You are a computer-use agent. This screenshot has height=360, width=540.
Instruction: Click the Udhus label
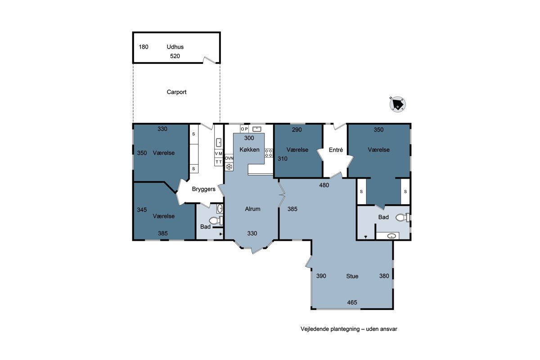pos(175,47)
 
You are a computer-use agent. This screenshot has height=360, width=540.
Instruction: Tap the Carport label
pos(176,92)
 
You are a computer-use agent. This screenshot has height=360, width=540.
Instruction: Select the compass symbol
pos(397,104)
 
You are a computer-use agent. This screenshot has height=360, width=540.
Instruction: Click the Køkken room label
pos(249,149)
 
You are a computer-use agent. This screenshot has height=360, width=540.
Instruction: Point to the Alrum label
pos(252,209)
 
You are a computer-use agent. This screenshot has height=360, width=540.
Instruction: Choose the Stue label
pos(352,276)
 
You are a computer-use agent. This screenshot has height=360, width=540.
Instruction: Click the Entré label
pos(336,150)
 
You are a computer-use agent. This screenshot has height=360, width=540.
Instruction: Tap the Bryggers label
pos(203,189)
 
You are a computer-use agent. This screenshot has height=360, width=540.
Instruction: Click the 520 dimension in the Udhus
pos(175,56)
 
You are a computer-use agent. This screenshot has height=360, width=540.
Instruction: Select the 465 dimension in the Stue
pos(352,302)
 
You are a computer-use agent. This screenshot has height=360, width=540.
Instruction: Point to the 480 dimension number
pos(324,185)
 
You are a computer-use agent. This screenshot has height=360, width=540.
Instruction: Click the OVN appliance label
pos(229,158)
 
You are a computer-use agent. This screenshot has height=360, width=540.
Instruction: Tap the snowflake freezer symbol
pos(229,166)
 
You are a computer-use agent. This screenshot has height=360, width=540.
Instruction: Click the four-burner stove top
pos(269,153)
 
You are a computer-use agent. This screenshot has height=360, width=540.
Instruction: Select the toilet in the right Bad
pos(402,217)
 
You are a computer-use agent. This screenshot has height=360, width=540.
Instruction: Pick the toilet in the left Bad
pos(216,220)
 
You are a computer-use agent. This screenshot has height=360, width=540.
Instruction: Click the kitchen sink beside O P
pos(256,129)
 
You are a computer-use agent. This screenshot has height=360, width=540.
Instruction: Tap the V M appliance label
pos(218,153)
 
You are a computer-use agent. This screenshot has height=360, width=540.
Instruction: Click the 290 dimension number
pos(297,130)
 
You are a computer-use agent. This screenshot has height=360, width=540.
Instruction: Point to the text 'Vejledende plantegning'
pos(330,329)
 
